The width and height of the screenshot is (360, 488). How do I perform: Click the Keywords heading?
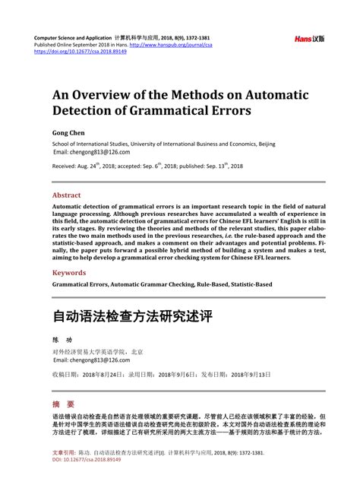pos(68,271)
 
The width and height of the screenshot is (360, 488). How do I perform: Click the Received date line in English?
pos(147,166)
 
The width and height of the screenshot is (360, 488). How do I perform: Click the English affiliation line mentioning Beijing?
pos(163,143)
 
